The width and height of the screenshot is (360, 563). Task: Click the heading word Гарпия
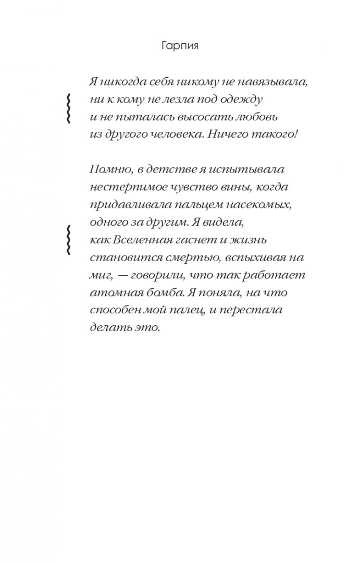180,46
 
